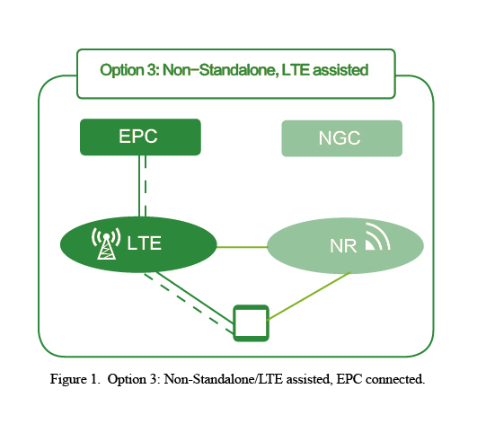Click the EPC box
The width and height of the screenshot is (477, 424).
click(140, 137)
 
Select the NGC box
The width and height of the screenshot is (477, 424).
click(342, 138)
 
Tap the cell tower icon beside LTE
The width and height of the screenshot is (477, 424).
click(106, 243)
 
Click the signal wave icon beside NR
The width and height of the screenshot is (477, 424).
click(377, 236)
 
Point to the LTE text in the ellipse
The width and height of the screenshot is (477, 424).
click(144, 243)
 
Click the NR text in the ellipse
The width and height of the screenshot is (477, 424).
click(343, 246)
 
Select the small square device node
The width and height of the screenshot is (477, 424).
click(251, 323)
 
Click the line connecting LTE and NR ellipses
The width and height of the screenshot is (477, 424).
click(242, 247)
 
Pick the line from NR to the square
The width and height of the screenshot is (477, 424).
click(309, 296)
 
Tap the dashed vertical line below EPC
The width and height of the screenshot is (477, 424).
click(146, 186)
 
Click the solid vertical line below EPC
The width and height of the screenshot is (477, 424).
click(139, 186)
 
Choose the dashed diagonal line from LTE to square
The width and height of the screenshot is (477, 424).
click(189, 304)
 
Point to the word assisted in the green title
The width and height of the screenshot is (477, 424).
click(340, 70)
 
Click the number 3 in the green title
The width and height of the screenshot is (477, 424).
click(152, 70)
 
